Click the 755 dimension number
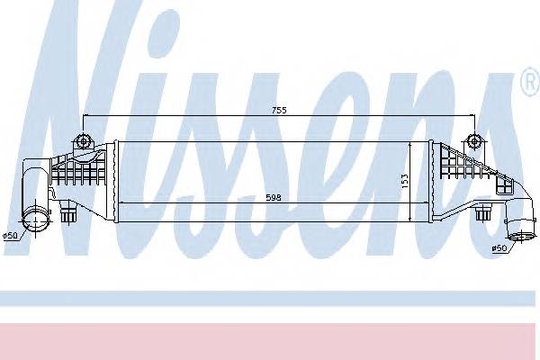coord(281,111)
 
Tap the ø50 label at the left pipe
coord(11,236)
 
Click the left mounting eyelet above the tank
coord(84,140)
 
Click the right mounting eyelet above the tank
coord(473,140)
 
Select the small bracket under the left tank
coord(69,214)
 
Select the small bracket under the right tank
coord(482,213)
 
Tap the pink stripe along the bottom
coord(270,337)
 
